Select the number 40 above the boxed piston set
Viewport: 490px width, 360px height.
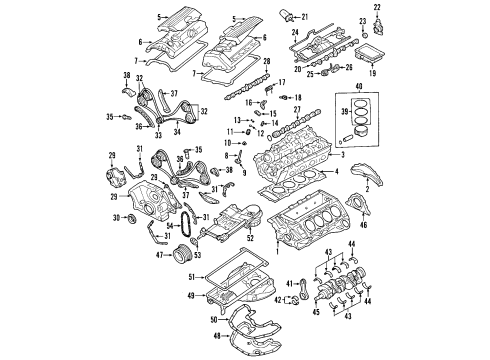(374, 89)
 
